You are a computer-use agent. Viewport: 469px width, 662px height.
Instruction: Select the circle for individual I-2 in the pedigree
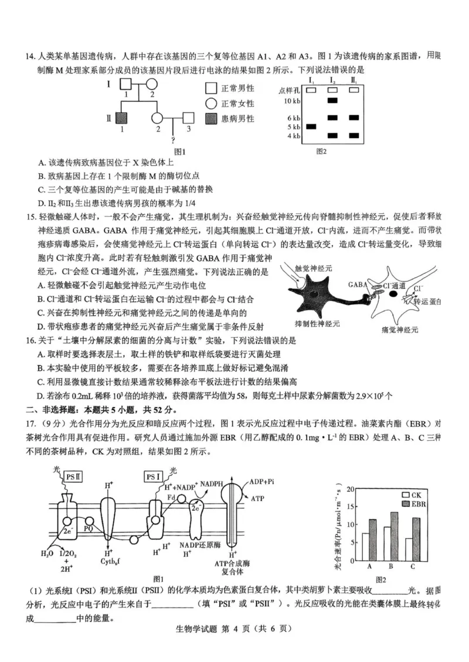coord(151,85)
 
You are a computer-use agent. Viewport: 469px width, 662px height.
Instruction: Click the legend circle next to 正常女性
coord(212,104)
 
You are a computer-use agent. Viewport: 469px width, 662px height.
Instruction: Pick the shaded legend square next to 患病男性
coord(212,119)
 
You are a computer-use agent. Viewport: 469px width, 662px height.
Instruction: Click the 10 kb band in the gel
coord(332,101)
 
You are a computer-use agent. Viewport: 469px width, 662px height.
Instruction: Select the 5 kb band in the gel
coord(311,126)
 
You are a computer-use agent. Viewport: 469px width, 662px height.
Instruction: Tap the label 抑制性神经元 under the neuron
coord(320,324)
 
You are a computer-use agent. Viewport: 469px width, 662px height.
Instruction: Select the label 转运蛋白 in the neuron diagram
coord(427,301)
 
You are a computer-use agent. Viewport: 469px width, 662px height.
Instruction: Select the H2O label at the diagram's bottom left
coord(47,552)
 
